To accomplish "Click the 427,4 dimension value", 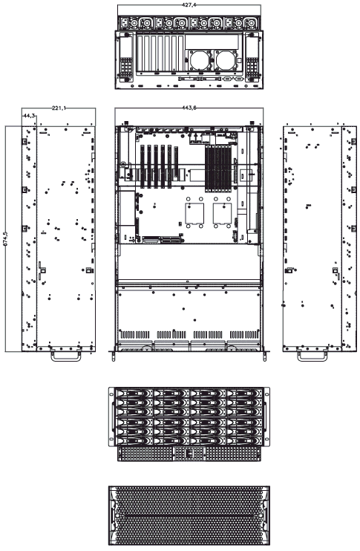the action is pos(189,5).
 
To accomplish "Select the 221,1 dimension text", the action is pos(59,108).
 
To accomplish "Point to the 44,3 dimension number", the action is pos(29,115).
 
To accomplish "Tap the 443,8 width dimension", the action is pos(189,108).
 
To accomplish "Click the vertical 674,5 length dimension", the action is pos(5,238).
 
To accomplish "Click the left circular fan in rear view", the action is pos(199,60).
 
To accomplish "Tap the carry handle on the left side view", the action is pos(66,355).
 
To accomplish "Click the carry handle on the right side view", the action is pos(312,355).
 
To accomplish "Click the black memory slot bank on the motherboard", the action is pos(218,169).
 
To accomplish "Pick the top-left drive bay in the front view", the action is pos(134,393).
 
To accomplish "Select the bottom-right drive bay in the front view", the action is pos(245,440).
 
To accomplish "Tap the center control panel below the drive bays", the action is pos(189,454).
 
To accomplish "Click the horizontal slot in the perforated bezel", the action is pos(189,515).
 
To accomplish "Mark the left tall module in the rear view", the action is pos(126,57).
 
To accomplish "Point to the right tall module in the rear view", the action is pos(252,57).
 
